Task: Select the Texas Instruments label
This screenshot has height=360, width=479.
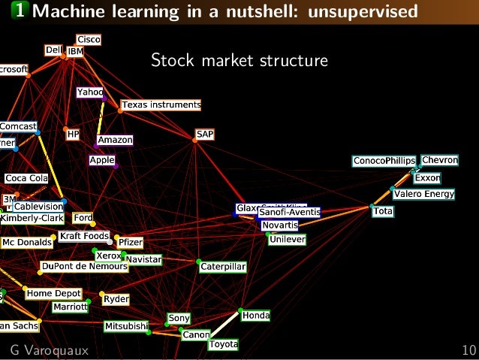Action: tap(161, 104)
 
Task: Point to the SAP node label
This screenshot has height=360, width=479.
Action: tap(205, 134)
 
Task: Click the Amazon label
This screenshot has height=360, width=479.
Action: tap(115, 140)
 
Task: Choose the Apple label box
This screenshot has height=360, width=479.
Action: tap(101, 160)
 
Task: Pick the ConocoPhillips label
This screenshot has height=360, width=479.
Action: tap(384, 161)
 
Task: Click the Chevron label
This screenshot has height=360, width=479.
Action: tap(440, 160)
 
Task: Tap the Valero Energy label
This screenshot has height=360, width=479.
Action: tap(424, 195)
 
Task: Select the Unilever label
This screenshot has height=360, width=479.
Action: tap(288, 239)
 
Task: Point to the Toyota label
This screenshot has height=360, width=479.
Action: tap(223, 344)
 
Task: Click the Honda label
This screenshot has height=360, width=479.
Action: tap(255, 316)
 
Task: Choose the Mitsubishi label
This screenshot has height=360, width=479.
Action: tap(126, 326)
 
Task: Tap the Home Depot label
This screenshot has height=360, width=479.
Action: tap(54, 293)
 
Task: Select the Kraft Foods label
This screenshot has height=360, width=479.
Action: tap(84, 236)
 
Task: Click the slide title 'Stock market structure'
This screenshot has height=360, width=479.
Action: tap(239, 59)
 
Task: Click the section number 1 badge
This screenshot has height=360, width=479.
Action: tap(17, 11)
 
